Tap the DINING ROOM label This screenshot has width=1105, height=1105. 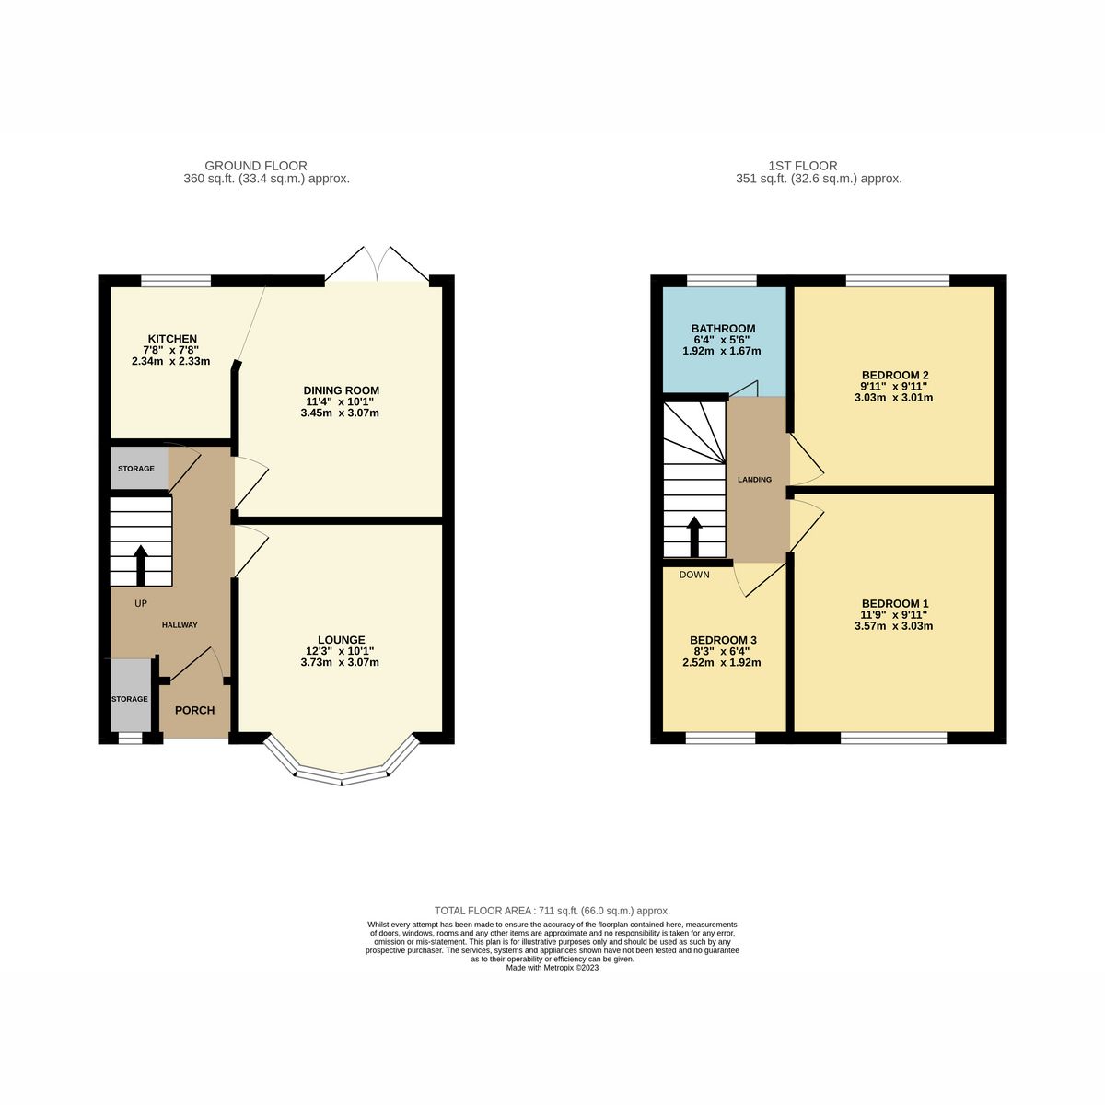342,390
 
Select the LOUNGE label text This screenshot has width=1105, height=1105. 341,640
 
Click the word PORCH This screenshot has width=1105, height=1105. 194,710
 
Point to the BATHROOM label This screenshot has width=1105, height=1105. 723,329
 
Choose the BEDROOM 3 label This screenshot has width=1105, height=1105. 723,640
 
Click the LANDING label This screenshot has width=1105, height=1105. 755,480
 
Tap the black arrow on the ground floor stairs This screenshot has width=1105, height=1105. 141,564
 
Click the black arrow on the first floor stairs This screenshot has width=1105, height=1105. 694,536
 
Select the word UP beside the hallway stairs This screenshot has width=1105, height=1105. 141,604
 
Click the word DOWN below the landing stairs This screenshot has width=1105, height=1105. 694,575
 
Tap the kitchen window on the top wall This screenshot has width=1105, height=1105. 175,280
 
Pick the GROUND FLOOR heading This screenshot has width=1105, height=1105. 256,166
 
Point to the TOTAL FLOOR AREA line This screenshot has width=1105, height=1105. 552,910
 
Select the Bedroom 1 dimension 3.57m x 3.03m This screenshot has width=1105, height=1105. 893,626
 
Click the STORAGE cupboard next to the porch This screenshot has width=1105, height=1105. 130,698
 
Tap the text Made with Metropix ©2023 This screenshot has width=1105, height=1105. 552,968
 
